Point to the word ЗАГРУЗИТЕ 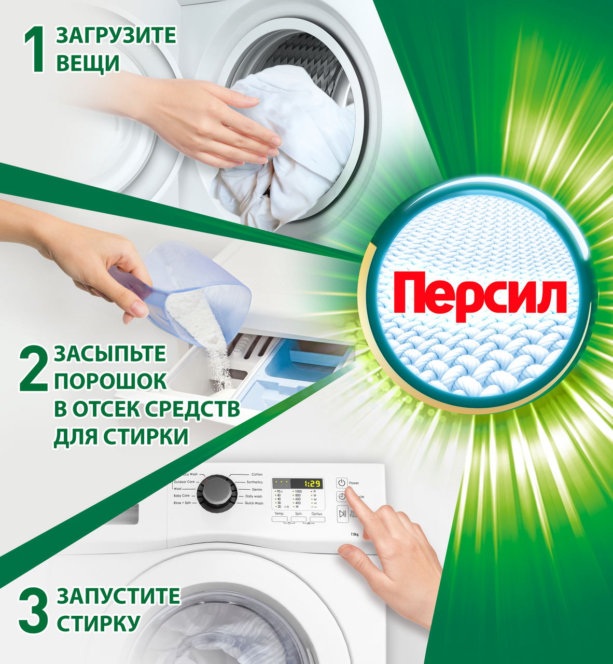(116, 36)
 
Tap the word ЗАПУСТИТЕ (118, 596)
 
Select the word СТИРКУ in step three (99, 623)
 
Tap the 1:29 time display (312, 483)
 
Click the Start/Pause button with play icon (342, 514)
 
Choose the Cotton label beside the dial (257, 474)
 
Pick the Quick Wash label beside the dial (254, 503)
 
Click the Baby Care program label (182, 496)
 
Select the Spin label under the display (298, 514)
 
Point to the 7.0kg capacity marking (355, 534)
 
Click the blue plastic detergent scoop (197, 290)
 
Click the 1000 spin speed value (298, 491)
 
